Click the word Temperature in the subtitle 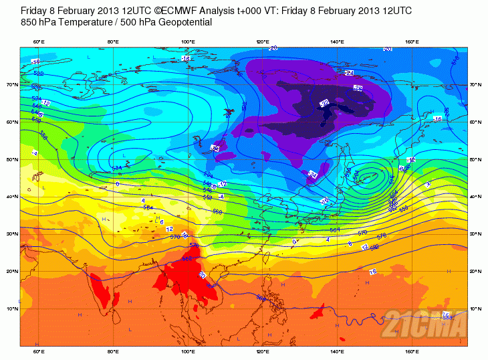(x=84, y=22)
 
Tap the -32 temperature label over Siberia (x=325, y=103)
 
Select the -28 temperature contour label (x=358, y=88)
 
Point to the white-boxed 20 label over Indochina (x=203, y=274)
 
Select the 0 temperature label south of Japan (x=295, y=242)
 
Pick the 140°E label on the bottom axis (x=338, y=351)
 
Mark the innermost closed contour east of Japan (x=368, y=178)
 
